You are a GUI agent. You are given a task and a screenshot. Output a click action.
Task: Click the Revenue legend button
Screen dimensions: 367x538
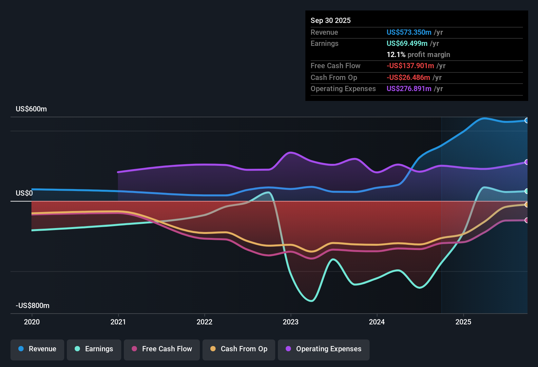tap(37, 349)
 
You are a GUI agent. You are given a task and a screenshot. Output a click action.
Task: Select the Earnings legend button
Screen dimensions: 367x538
tap(94, 349)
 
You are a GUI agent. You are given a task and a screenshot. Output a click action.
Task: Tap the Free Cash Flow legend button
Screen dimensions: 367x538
tap(162, 349)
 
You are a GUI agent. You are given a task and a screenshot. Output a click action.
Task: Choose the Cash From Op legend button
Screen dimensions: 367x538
tap(239, 349)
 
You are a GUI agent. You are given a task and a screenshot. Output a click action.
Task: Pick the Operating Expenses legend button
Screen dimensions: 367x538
tap(324, 349)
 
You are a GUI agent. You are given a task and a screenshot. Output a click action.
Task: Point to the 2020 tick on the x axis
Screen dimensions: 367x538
tap(32, 322)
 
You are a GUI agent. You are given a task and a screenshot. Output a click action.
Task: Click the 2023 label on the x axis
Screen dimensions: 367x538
tap(291, 322)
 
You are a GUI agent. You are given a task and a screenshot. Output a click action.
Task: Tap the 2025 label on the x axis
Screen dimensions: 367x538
tap(463, 322)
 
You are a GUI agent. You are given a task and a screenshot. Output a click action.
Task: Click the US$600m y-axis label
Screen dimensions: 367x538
tap(31, 109)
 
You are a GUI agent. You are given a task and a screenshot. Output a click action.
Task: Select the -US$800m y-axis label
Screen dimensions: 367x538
tap(32, 306)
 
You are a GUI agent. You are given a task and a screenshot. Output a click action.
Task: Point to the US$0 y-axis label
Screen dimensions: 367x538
tap(24, 193)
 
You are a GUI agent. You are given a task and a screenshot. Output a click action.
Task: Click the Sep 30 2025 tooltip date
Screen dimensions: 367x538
tap(330, 21)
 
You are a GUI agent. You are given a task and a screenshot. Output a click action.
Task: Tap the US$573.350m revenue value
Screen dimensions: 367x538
tap(409, 32)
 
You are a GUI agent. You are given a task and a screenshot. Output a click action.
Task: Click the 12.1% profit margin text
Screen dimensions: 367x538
tap(418, 55)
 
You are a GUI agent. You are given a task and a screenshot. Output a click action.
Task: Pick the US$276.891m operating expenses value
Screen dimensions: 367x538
tap(409, 89)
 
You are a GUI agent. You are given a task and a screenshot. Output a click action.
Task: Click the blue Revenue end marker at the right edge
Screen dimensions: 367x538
tap(527, 120)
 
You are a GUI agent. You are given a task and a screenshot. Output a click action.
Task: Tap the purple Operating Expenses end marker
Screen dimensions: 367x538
tap(527, 162)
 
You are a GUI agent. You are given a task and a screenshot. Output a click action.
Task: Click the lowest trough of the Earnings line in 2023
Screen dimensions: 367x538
tap(311, 301)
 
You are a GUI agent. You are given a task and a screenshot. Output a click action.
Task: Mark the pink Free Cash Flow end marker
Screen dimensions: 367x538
tap(527, 220)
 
